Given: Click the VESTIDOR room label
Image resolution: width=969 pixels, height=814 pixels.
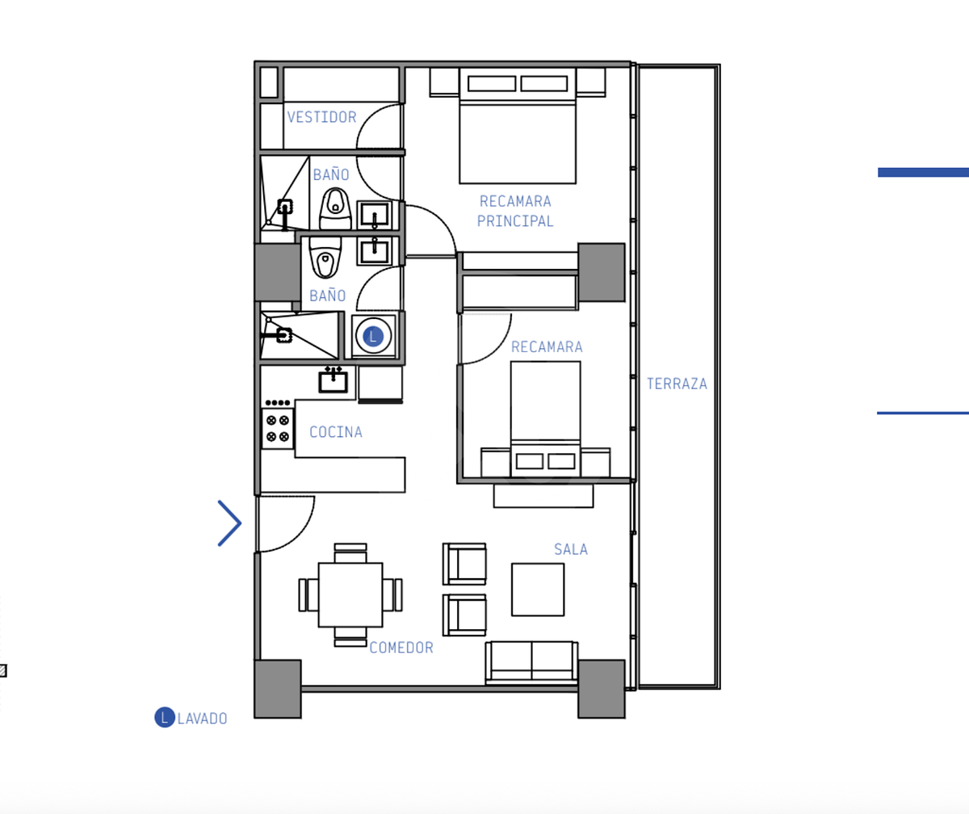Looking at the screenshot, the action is pyautogui.click(x=321, y=117).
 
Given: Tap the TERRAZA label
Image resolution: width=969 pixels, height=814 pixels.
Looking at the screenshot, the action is pyautogui.click(x=677, y=384).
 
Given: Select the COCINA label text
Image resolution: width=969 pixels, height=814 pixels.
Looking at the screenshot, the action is pyautogui.click(x=336, y=432).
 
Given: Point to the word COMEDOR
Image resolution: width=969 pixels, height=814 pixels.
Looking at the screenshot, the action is pyautogui.click(x=401, y=648).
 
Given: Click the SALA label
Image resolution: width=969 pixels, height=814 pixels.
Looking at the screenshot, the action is pyautogui.click(x=571, y=549).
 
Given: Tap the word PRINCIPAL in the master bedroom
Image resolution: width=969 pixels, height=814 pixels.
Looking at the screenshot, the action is pyautogui.click(x=515, y=221).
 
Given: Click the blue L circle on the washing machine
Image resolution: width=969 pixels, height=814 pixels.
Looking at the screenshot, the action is pyautogui.click(x=373, y=337).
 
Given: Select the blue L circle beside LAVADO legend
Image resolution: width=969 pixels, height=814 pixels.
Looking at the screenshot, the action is pyautogui.click(x=165, y=717).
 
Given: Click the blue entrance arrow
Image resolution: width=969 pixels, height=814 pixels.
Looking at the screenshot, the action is pyautogui.click(x=229, y=523).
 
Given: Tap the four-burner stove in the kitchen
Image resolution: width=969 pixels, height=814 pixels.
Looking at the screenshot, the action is pyautogui.click(x=278, y=428).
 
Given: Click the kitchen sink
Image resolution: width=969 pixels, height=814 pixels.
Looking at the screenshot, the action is pyautogui.click(x=333, y=381).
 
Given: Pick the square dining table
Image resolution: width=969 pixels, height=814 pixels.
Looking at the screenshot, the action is pyautogui.click(x=350, y=595).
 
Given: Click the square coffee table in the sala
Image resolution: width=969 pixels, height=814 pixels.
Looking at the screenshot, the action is pyautogui.click(x=538, y=590).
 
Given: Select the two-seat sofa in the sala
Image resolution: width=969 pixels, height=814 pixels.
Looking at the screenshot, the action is pyautogui.click(x=532, y=663).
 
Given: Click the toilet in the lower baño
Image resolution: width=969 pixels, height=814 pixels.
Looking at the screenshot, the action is pyautogui.click(x=325, y=257).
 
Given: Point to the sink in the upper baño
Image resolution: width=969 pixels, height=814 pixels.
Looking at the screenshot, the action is pyautogui.click(x=374, y=215).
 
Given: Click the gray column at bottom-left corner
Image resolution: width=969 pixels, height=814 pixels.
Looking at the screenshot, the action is pyautogui.click(x=278, y=689).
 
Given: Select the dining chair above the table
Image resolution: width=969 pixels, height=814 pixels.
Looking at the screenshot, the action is pyautogui.click(x=350, y=553).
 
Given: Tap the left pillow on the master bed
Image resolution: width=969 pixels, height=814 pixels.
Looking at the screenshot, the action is pyautogui.click(x=492, y=84).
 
